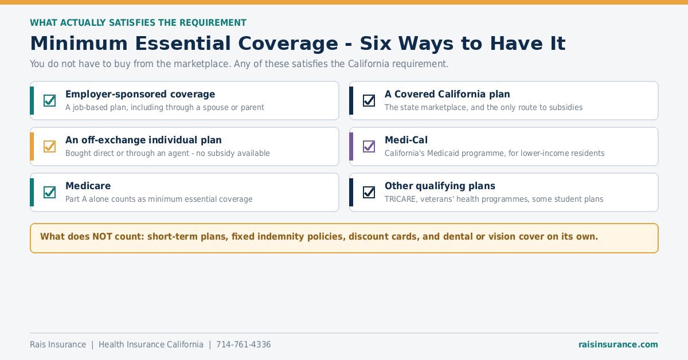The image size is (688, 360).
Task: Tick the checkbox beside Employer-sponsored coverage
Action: tap(49, 100)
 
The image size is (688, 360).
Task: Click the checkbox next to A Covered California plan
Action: tap(369, 100)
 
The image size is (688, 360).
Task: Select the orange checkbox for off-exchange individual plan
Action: tap(49, 146)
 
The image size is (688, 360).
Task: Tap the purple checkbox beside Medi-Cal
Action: tap(369, 146)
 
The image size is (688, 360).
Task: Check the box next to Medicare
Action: tap(49, 192)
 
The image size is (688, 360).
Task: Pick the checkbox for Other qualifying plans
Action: tap(369, 192)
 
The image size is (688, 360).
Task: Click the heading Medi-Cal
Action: tap(406, 140)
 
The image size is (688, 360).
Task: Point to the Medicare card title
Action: tap(88, 186)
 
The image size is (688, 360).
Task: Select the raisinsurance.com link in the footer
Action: tap(618, 345)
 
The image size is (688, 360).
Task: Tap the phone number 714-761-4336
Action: tap(244, 345)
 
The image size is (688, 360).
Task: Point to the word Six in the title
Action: tap(376, 44)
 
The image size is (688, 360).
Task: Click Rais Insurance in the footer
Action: tap(58, 345)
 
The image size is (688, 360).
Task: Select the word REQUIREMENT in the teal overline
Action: tap(213, 23)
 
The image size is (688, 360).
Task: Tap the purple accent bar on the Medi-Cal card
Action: tap(351, 147)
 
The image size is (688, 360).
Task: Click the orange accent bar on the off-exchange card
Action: tap(32, 147)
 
